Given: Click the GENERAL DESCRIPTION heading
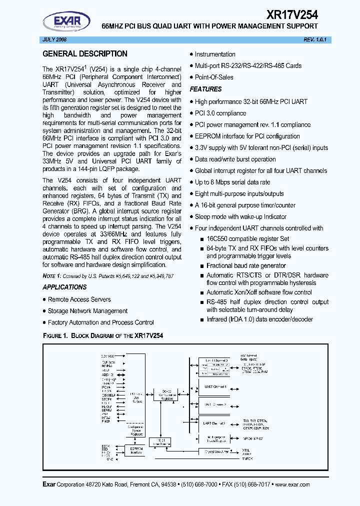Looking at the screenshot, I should tap(84, 54).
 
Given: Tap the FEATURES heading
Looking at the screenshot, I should tap(205, 89).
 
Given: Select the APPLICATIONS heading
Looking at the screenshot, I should tap(64, 287).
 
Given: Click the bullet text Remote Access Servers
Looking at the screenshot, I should tap(79, 299).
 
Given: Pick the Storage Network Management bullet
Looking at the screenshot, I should tap(87, 311).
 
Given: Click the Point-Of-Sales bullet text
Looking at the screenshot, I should tap(214, 77).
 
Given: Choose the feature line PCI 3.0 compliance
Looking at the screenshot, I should tap(220, 113).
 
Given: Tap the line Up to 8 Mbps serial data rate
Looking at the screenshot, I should tap(232, 182).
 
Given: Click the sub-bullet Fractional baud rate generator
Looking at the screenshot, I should tap(246, 265).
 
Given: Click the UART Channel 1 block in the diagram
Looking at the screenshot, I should tap(215, 387).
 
